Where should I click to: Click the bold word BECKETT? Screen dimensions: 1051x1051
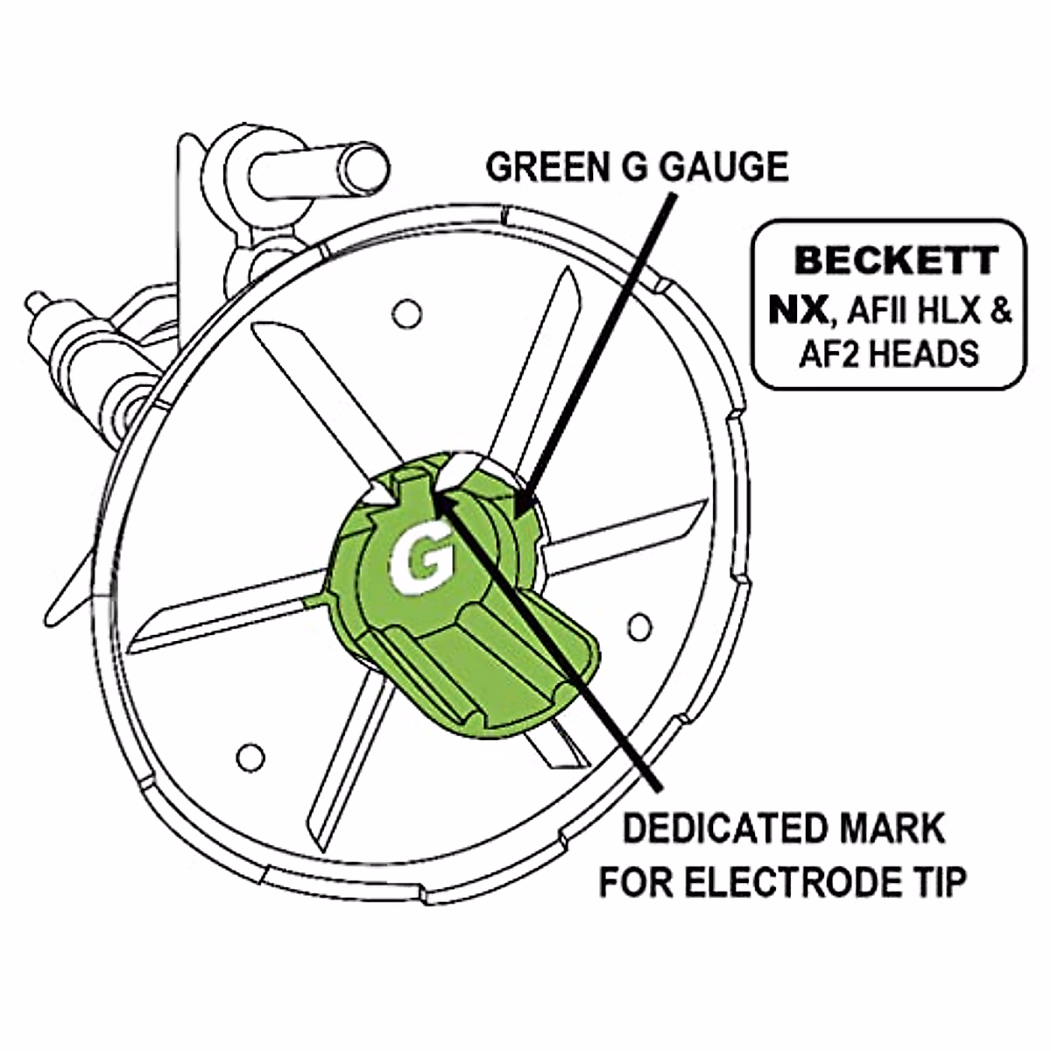click(x=894, y=261)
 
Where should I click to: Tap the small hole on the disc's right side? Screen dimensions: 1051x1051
click(x=640, y=624)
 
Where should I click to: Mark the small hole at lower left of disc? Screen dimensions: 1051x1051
click(x=251, y=755)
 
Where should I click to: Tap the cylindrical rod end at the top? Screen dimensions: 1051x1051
click(x=362, y=167)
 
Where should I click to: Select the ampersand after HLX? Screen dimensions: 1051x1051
click(x=998, y=310)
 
